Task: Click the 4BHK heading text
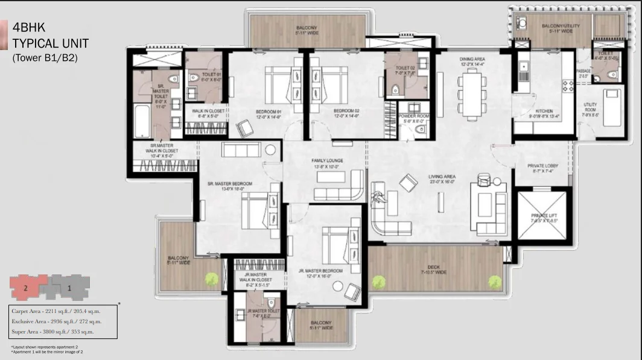29,28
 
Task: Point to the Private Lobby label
541,167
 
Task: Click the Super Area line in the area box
52,332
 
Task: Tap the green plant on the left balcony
211,279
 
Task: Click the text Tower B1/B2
45,58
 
